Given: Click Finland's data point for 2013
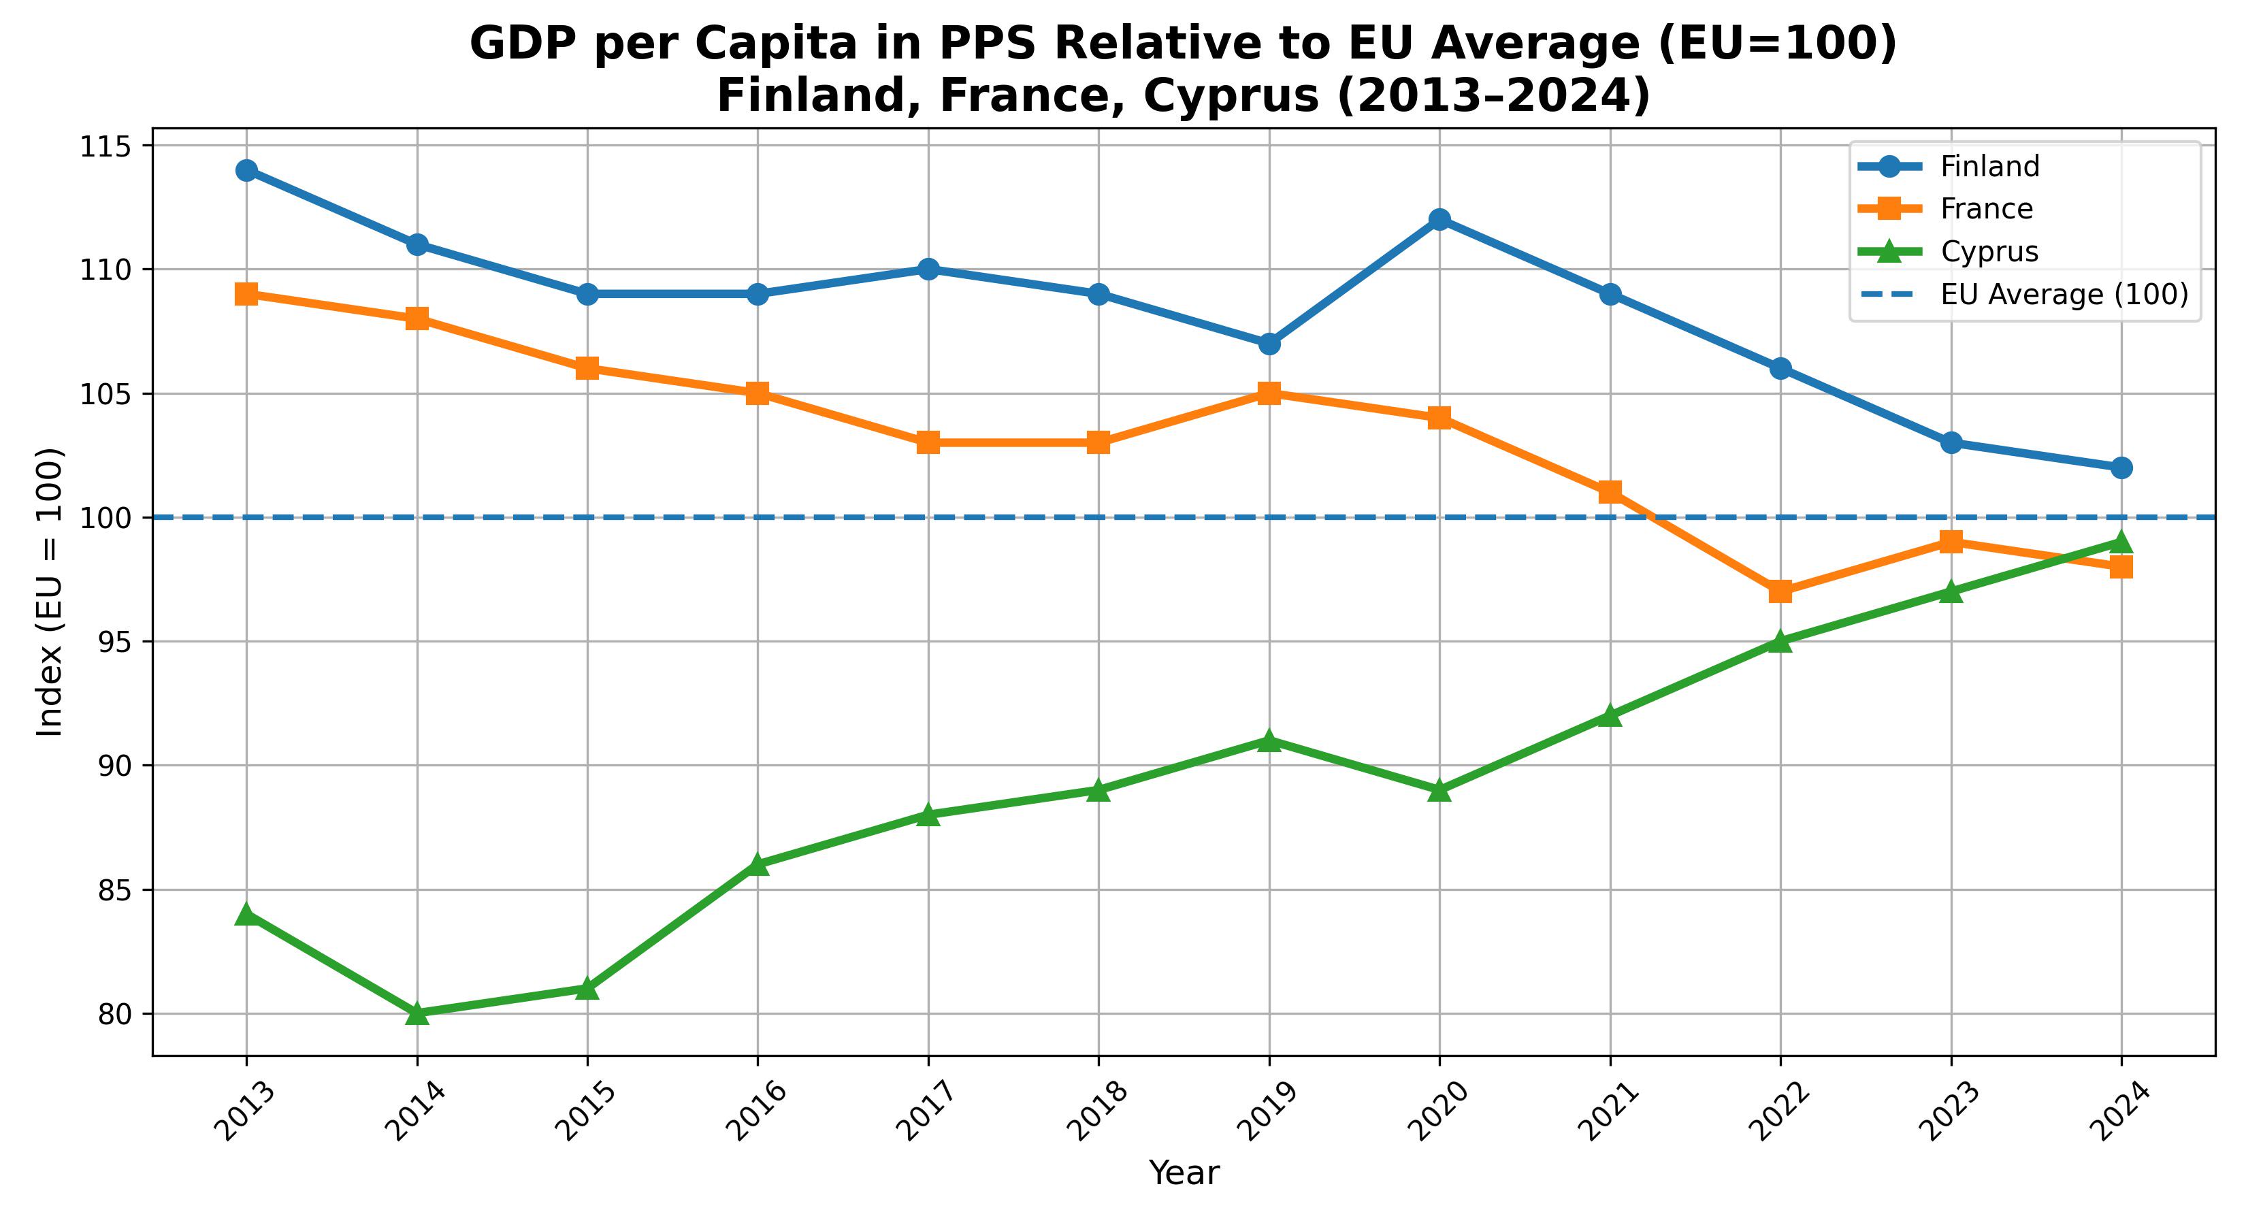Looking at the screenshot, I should tap(246, 170).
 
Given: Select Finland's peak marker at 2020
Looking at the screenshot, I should tap(1439, 219).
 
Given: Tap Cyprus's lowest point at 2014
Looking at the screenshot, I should tap(417, 1013).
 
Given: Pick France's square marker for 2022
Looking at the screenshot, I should tap(1780, 591).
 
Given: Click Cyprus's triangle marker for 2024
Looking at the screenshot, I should tap(2121, 542).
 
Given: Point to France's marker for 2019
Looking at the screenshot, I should tap(1269, 393).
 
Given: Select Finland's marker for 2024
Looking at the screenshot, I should tap(2121, 468).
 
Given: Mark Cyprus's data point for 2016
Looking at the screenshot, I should tap(758, 864).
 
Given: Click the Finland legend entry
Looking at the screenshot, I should tap(1989, 165).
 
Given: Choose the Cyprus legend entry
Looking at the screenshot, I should tap(1989, 251).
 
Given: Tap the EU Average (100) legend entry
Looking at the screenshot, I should tap(2064, 295).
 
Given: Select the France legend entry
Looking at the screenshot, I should tap(1986, 208).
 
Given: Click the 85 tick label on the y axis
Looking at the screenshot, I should tap(112, 890).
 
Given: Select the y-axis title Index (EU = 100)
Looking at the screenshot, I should tap(50, 592).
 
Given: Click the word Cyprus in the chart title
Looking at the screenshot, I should tap(1231, 96).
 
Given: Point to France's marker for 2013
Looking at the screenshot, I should tap(246, 294).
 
